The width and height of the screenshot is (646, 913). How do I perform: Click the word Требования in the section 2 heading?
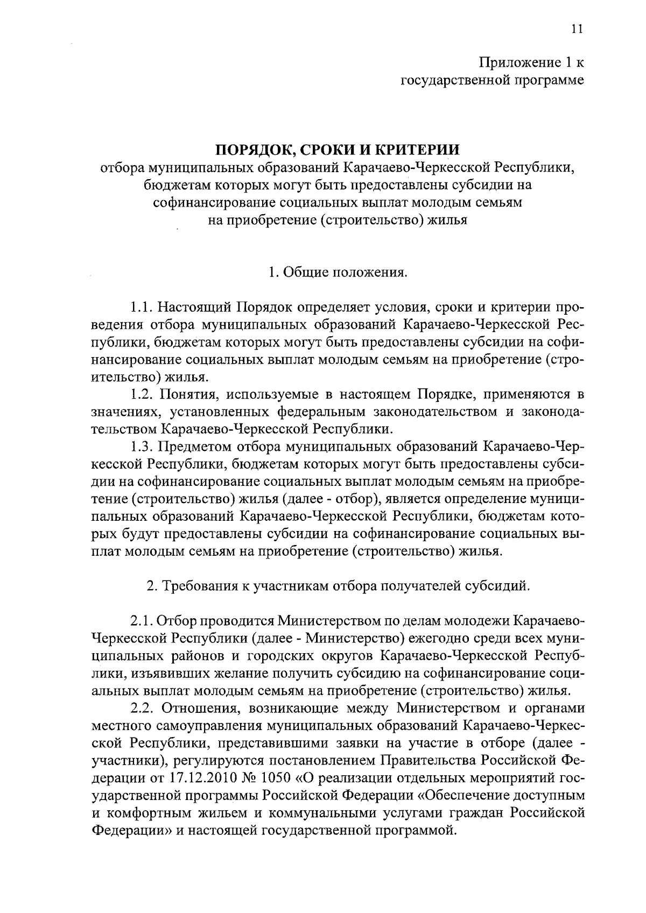coord(198,586)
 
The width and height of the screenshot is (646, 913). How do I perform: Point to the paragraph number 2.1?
coord(141,621)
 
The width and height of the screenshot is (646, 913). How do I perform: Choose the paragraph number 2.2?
coord(141,707)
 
